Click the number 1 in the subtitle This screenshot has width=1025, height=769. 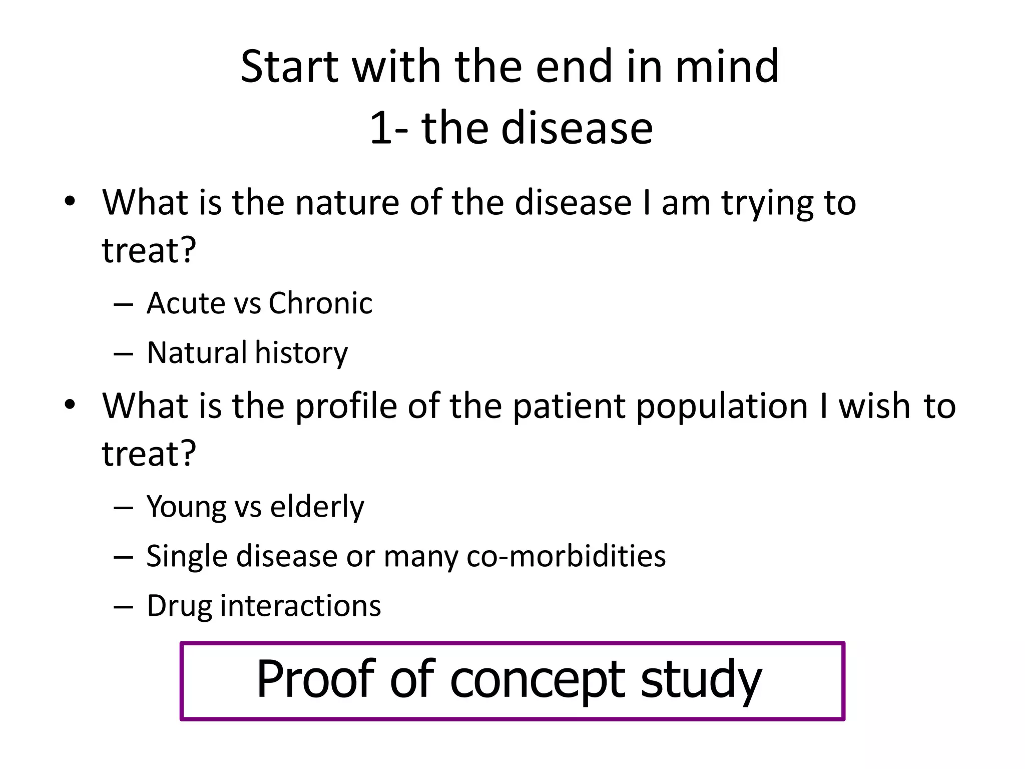(x=380, y=129)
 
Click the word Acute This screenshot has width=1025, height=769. (x=186, y=303)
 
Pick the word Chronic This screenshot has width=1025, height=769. (x=320, y=303)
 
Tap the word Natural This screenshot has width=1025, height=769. (x=197, y=352)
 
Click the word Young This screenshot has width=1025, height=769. (x=186, y=507)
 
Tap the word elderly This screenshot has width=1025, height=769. (x=317, y=507)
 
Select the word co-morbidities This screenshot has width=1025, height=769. (x=566, y=556)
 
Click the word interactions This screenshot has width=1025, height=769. (x=300, y=606)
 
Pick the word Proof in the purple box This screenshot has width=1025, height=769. (x=316, y=679)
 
